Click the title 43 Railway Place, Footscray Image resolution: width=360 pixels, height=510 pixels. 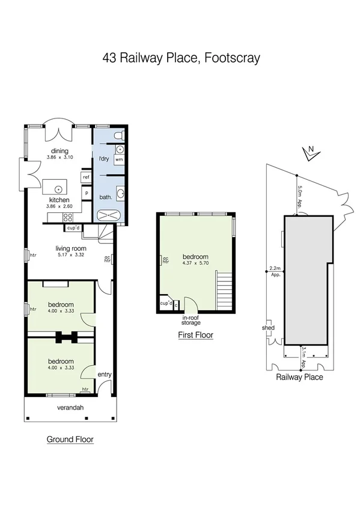[180, 58]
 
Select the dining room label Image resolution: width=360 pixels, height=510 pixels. [59, 151]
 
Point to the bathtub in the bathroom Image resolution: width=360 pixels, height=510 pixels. [109, 215]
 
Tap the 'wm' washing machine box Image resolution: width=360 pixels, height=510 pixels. [119, 160]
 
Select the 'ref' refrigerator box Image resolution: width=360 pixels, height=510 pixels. [86, 177]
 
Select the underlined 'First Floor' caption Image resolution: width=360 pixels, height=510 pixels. [195, 335]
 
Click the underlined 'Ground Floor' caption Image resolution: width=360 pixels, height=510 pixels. [70, 440]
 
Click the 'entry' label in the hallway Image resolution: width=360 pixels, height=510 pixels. [105, 375]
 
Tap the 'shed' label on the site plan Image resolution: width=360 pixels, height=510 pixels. [268, 328]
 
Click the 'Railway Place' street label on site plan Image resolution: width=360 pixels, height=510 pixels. [299, 377]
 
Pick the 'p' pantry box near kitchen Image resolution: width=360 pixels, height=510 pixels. [87, 193]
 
